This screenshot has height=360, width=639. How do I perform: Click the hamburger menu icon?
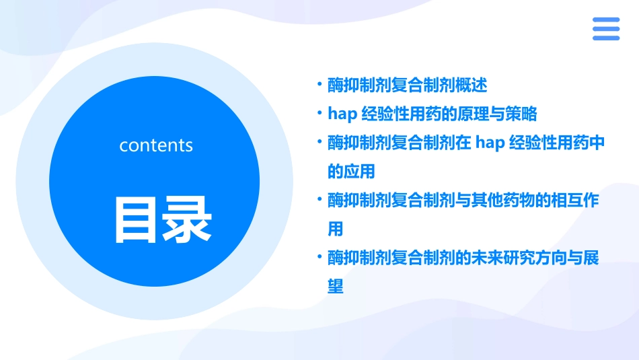tap(605, 29)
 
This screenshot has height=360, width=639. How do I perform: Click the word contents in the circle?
tap(156, 145)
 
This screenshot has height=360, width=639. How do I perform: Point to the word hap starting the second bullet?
tap(341, 114)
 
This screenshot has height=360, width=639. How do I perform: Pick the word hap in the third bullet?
tap(490, 143)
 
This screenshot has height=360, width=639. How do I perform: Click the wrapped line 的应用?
tap(351, 172)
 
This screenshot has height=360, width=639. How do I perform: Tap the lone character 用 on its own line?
tap(336, 229)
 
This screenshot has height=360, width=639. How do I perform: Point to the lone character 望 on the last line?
tap(336, 287)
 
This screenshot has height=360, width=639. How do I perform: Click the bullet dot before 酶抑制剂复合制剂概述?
tap(319, 85)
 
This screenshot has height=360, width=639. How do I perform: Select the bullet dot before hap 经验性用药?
tap(319, 114)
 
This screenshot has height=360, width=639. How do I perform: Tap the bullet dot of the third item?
tap(319, 143)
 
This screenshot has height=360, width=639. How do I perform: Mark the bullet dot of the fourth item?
tap(319, 201)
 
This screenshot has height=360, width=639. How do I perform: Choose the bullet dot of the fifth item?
tap(319, 258)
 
